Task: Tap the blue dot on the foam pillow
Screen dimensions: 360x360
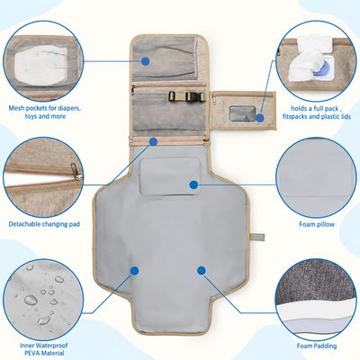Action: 193,184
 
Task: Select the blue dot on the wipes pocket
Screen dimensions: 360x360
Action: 260,118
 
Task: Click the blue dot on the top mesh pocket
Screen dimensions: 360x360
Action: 146,61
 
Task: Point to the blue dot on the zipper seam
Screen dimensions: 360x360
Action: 153,141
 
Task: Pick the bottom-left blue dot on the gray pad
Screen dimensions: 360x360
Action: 135,271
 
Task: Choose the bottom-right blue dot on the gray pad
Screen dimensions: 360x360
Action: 202,271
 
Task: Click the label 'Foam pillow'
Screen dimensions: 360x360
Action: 317,224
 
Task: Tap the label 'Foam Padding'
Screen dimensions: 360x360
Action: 317,346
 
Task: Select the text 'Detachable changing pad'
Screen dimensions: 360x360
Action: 44,224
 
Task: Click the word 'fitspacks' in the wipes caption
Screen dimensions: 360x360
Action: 295,116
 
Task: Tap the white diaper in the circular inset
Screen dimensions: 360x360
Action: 40,66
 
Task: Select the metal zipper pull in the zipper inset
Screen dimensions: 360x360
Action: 76,172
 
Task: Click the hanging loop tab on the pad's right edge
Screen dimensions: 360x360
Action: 257,237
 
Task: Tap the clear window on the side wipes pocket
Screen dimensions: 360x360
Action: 242,113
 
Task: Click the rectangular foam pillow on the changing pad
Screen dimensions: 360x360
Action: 170,176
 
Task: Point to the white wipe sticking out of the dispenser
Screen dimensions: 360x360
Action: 306,66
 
